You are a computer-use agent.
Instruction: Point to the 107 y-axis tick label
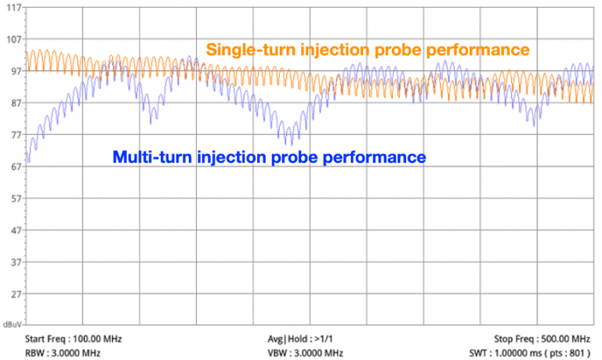(x=13, y=39)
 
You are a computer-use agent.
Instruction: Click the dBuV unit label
(x=12, y=323)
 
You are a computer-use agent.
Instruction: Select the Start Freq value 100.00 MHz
(x=97, y=339)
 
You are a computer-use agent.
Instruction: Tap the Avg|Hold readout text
(x=295, y=339)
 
